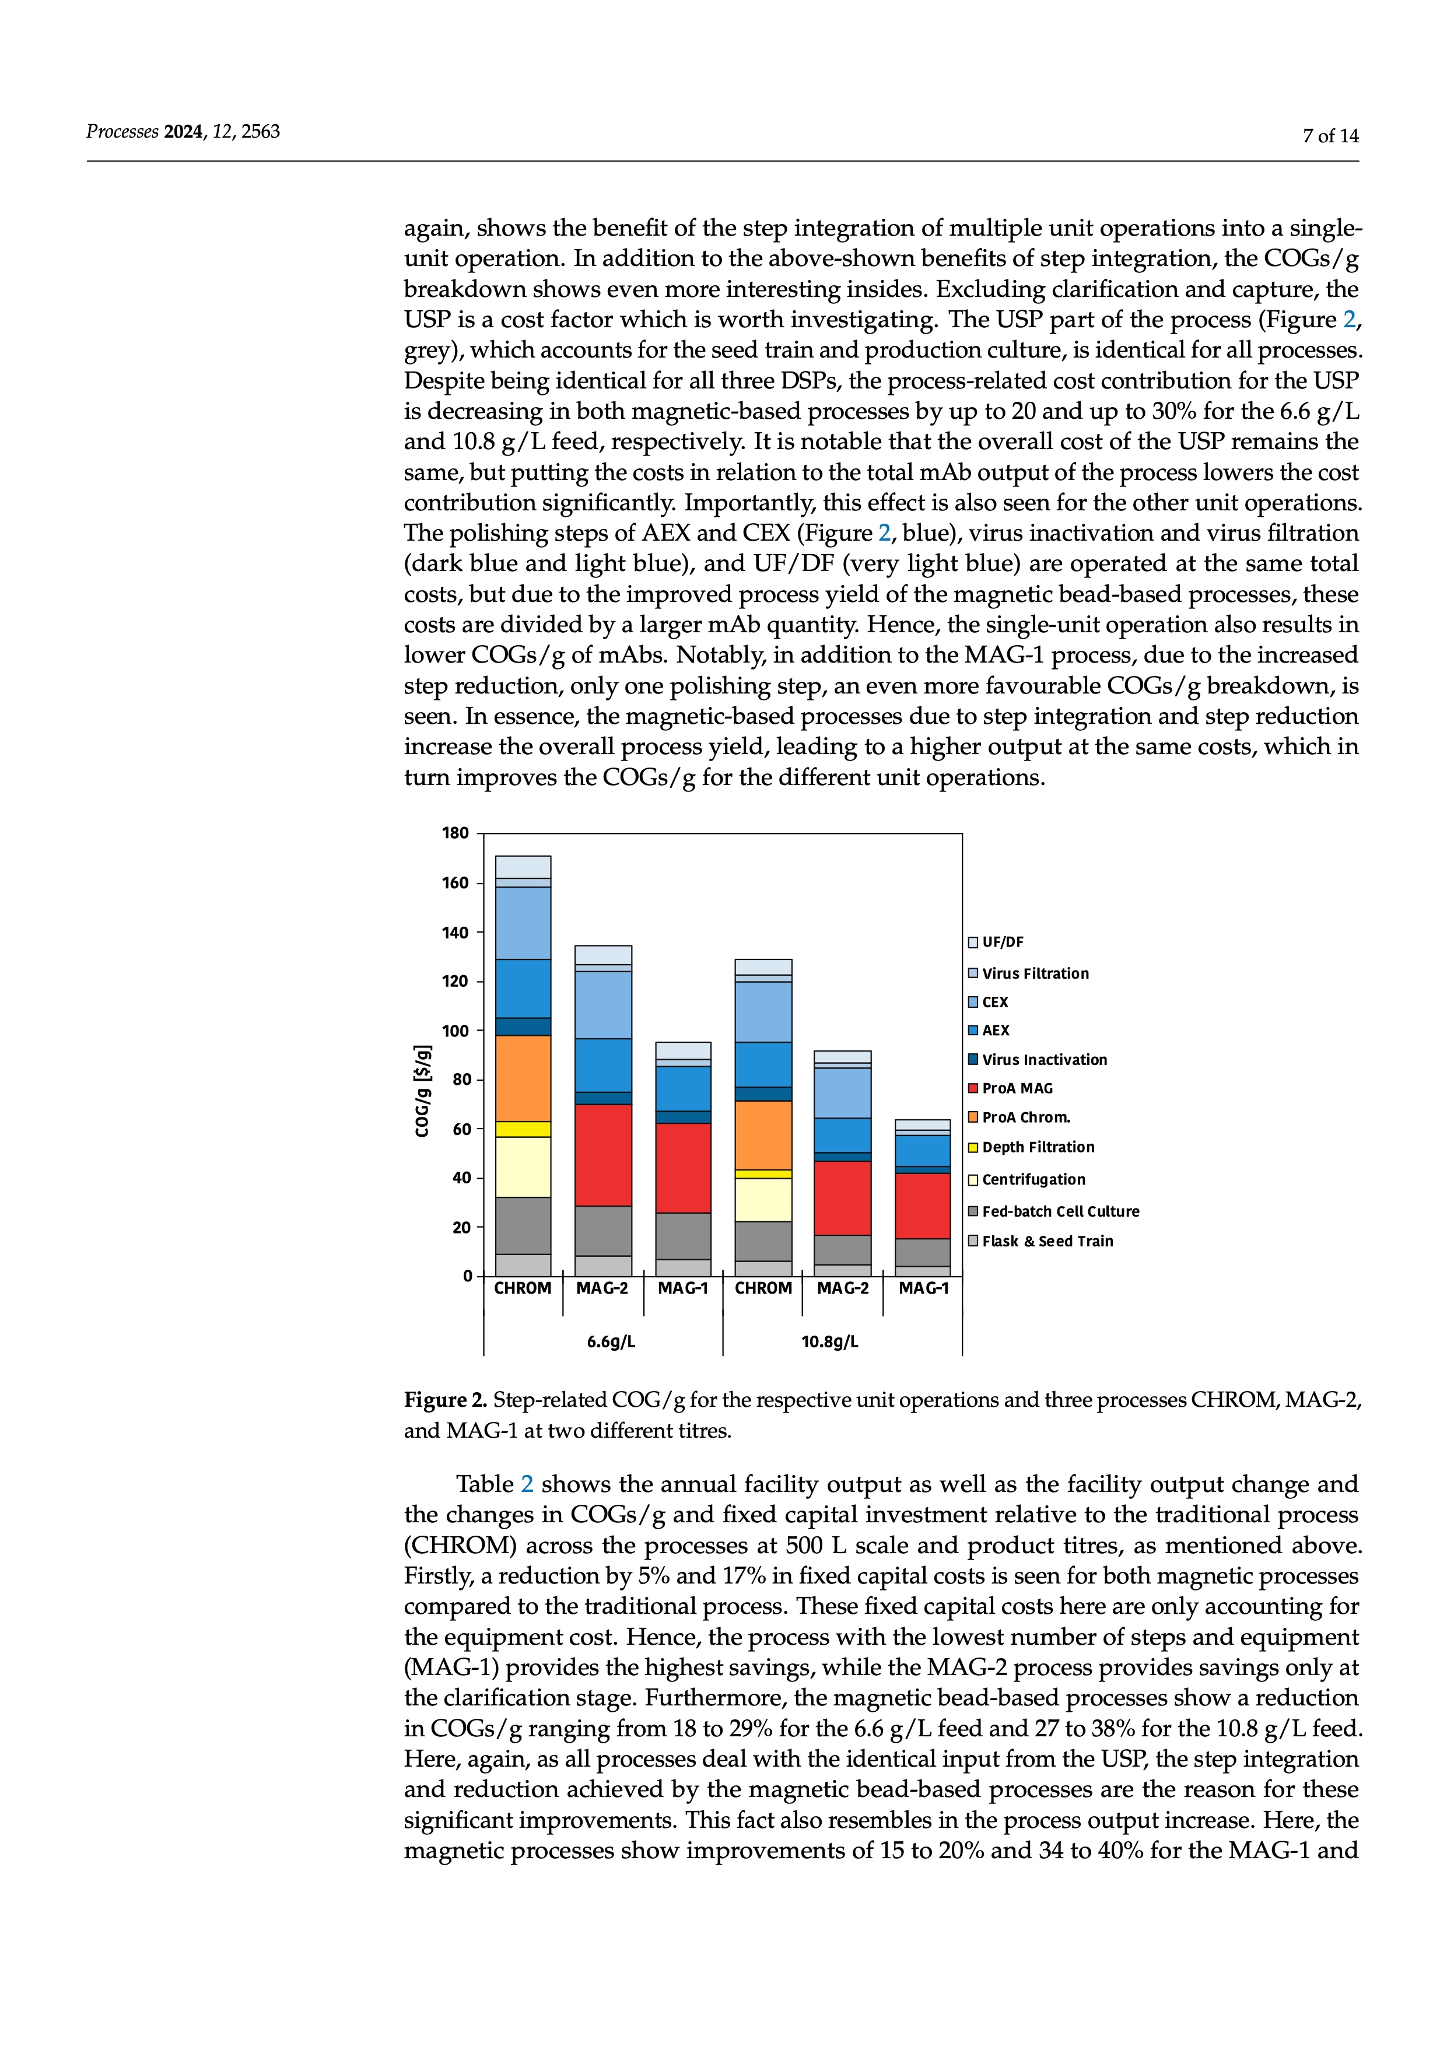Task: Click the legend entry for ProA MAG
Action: [x=1017, y=1088]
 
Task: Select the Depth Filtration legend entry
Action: [x=1037, y=1147]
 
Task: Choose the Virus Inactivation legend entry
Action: [x=1043, y=1060]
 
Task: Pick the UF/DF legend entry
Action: [x=1003, y=942]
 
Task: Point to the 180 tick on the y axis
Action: [x=456, y=833]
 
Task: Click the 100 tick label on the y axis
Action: [x=456, y=1031]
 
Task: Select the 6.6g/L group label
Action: [x=611, y=1341]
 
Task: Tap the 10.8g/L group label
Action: [x=829, y=1341]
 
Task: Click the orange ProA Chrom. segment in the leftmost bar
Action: [x=523, y=1078]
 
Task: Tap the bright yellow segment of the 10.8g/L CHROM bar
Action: [x=763, y=1173]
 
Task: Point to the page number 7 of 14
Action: [x=1330, y=135]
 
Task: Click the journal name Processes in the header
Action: [x=122, y=132]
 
